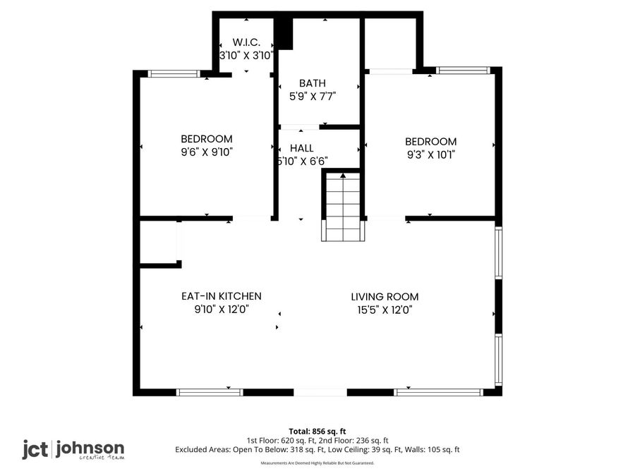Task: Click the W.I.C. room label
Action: click(x=246, y=42)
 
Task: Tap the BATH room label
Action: click(x=312, y=83)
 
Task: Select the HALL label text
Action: click(x=301, y=148)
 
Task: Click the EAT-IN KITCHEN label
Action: click(x=222, y=296)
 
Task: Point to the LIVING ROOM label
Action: click(x=385, y=297)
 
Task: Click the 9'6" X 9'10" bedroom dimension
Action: click(x=206, y=152)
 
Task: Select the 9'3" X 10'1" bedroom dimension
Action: click(x=430, y=154)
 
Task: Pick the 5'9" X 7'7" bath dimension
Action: click(x=312, y=96)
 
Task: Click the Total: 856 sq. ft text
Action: click(x=317, y=431)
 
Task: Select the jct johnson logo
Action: click(x=73, y=449)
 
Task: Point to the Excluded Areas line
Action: click(x=317, y=449)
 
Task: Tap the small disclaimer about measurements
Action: click(x=317, y=463)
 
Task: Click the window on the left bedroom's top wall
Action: click(x=174, y=73)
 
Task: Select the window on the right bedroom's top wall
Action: click(x=464, y=71)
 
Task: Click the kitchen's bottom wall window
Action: click(x=210, y=392)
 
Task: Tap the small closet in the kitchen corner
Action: click(x=159, y=242)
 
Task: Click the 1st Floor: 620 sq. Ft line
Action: click(x=317, y=440)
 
